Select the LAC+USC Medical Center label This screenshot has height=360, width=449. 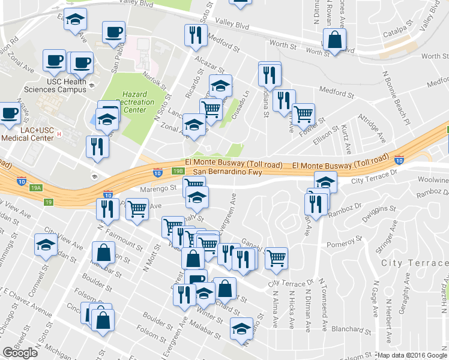point(28,134)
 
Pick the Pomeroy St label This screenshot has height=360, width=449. point(344,244)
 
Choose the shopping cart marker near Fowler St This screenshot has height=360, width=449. point(303,113)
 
